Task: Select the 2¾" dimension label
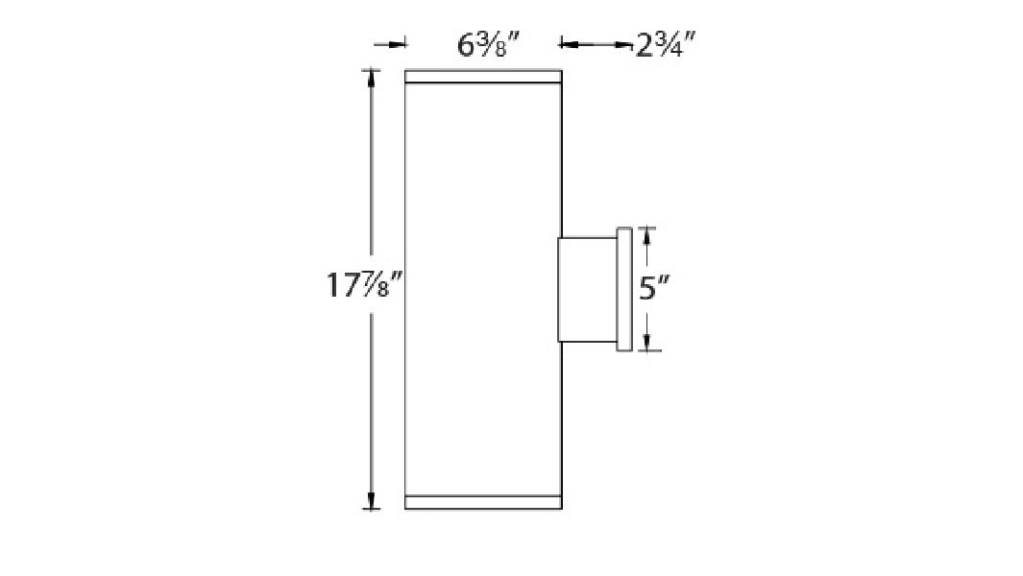click(x=666, y=44)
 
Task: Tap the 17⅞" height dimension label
click(x=362, y=285)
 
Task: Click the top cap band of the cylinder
click(x=482, y=77)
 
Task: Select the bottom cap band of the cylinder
click(x=482, y=502)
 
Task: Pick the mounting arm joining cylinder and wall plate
click(x=588, y=289)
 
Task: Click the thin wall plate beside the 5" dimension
click(x=624, y=289)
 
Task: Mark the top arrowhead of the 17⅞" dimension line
click(x=371, y=77)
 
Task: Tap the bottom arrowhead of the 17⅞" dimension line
click(x=371, y=501)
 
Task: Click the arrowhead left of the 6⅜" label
click(x=399, y=43)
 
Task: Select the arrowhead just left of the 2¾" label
click(x=568, y=43)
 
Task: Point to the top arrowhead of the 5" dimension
click(x=647, y=235)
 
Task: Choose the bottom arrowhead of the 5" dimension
click(x=647, y=343)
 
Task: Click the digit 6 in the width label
click(x=467, y=44)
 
